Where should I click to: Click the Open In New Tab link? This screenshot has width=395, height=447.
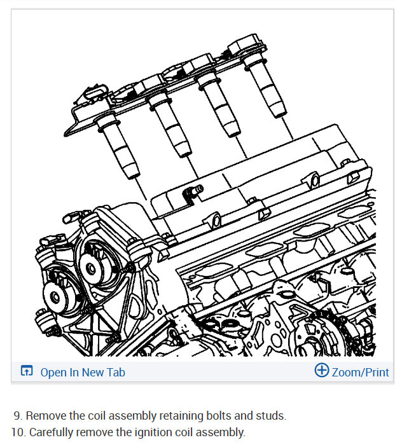83,373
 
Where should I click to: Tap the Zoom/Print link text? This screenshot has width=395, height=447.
360,373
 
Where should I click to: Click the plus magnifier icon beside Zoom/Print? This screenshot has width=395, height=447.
322,371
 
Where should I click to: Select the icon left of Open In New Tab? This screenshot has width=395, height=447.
27,372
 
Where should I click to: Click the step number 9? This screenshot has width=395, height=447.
17,416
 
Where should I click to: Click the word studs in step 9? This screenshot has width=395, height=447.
271,416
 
